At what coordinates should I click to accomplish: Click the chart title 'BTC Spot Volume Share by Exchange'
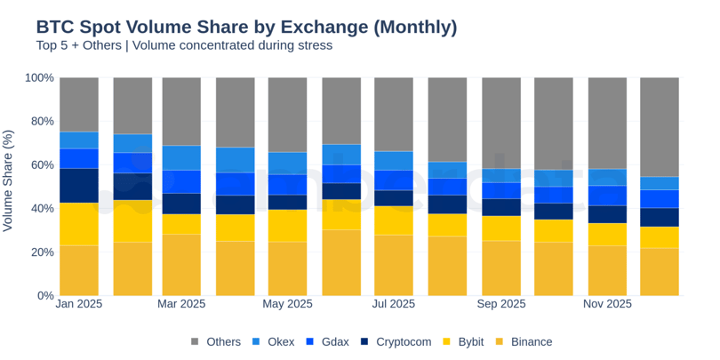click(x=246, y=27)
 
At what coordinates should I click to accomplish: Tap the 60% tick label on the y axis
click(x=41, y=165)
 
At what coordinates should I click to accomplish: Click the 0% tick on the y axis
click(x=44, y=296)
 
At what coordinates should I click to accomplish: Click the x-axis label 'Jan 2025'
click(x=78, y=304)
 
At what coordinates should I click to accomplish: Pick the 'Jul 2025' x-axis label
click(x=393, y=304)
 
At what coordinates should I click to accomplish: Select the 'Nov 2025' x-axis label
click(x=607, y=304)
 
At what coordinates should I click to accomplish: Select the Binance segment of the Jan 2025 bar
click(x=78, y=270)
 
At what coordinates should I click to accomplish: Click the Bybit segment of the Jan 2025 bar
click(x=78, y=224)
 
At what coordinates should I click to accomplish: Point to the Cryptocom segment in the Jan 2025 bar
click(x=78, y=186)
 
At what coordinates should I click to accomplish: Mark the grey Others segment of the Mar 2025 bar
click(x=181, y=111)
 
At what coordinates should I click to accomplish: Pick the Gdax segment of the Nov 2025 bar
click(x=607, y=196)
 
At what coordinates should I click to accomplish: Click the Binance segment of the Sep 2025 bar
click(x=500, y=268)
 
